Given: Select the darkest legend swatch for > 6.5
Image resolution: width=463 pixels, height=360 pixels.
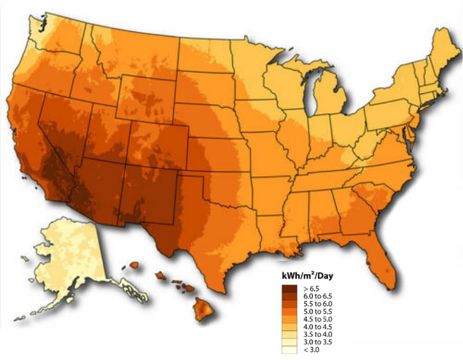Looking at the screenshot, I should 289,288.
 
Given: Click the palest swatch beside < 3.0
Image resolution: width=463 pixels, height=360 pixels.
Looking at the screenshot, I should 289,350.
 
